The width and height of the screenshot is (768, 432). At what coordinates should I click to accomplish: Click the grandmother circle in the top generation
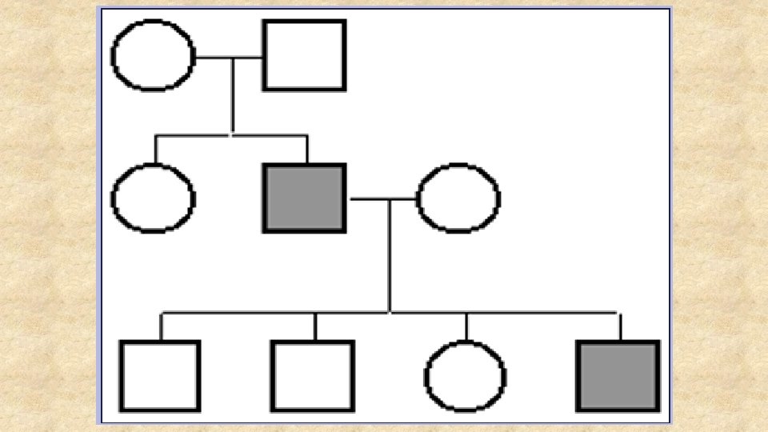154,55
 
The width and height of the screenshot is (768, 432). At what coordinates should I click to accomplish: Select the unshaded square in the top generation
304,55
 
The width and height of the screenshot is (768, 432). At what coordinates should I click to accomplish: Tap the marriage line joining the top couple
229,58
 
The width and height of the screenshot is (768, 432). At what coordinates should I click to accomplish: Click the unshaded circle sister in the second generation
153,198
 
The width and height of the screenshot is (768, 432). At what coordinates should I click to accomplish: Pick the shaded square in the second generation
304,198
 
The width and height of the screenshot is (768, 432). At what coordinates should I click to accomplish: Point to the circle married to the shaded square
458,198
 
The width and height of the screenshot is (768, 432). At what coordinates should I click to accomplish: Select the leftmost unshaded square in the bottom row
160,375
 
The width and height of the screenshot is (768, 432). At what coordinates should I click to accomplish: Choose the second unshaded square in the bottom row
312,375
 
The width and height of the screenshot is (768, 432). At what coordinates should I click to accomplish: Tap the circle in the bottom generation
465,376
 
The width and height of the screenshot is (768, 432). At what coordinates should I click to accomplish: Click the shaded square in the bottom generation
618,375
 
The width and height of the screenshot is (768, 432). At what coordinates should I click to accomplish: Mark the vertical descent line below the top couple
233,96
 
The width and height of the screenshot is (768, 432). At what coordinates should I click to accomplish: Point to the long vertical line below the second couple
390,256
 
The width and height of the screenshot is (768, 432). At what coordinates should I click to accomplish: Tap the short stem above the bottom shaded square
620,326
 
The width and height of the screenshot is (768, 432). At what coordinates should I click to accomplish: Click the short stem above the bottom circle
466,326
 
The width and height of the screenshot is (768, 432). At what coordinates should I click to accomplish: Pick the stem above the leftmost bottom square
161,326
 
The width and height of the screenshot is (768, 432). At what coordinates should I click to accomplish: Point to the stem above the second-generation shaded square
306,150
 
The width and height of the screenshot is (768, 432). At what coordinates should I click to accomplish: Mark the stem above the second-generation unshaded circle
156,150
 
